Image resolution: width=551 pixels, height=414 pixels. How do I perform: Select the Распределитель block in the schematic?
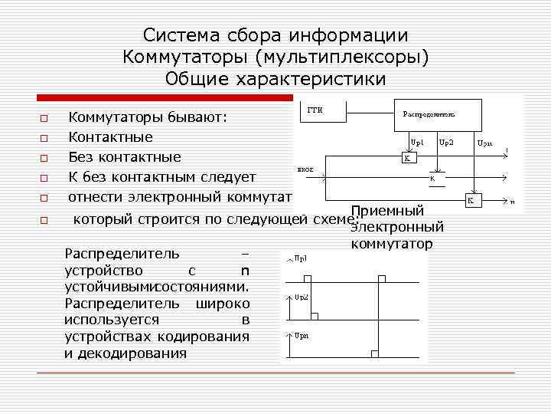tap(437, 115)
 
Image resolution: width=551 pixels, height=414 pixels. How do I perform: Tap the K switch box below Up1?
tap(408, 159)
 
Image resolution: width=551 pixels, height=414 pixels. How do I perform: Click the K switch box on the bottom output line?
tap(472, 200)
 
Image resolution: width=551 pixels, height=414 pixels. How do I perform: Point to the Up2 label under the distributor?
tap(446, 143)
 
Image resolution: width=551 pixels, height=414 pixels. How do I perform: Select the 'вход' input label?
tap(303, 168)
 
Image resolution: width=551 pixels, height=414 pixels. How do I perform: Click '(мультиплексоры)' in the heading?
tap(342, 58)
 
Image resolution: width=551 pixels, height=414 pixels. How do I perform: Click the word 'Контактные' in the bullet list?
tap(110, 137)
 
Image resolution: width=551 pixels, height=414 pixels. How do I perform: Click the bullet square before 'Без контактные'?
tap(44, 159)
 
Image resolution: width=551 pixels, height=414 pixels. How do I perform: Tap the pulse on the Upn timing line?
tap(373, 353)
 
